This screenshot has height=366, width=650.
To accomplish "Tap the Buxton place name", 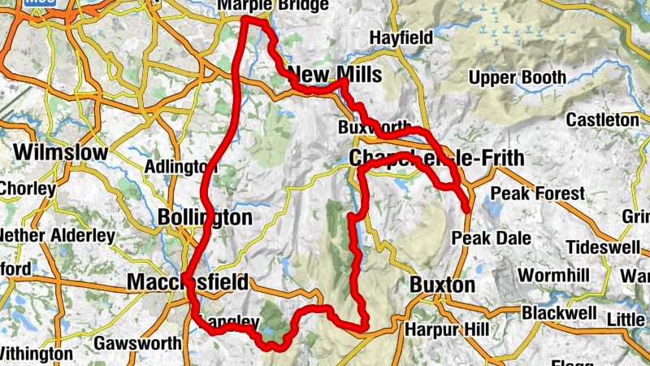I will [x=442, y=285].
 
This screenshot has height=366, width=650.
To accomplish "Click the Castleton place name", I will [x=603, y=120].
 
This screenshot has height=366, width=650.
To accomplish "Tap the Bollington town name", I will [x=206, y=217].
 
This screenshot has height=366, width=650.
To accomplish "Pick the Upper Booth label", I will [x=518, y=78].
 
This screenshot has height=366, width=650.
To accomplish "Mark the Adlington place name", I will [x=175, y=167].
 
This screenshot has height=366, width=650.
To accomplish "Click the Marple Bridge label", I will [x=273, y=5].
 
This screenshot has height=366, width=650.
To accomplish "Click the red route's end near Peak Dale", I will [x=467, y=210].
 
